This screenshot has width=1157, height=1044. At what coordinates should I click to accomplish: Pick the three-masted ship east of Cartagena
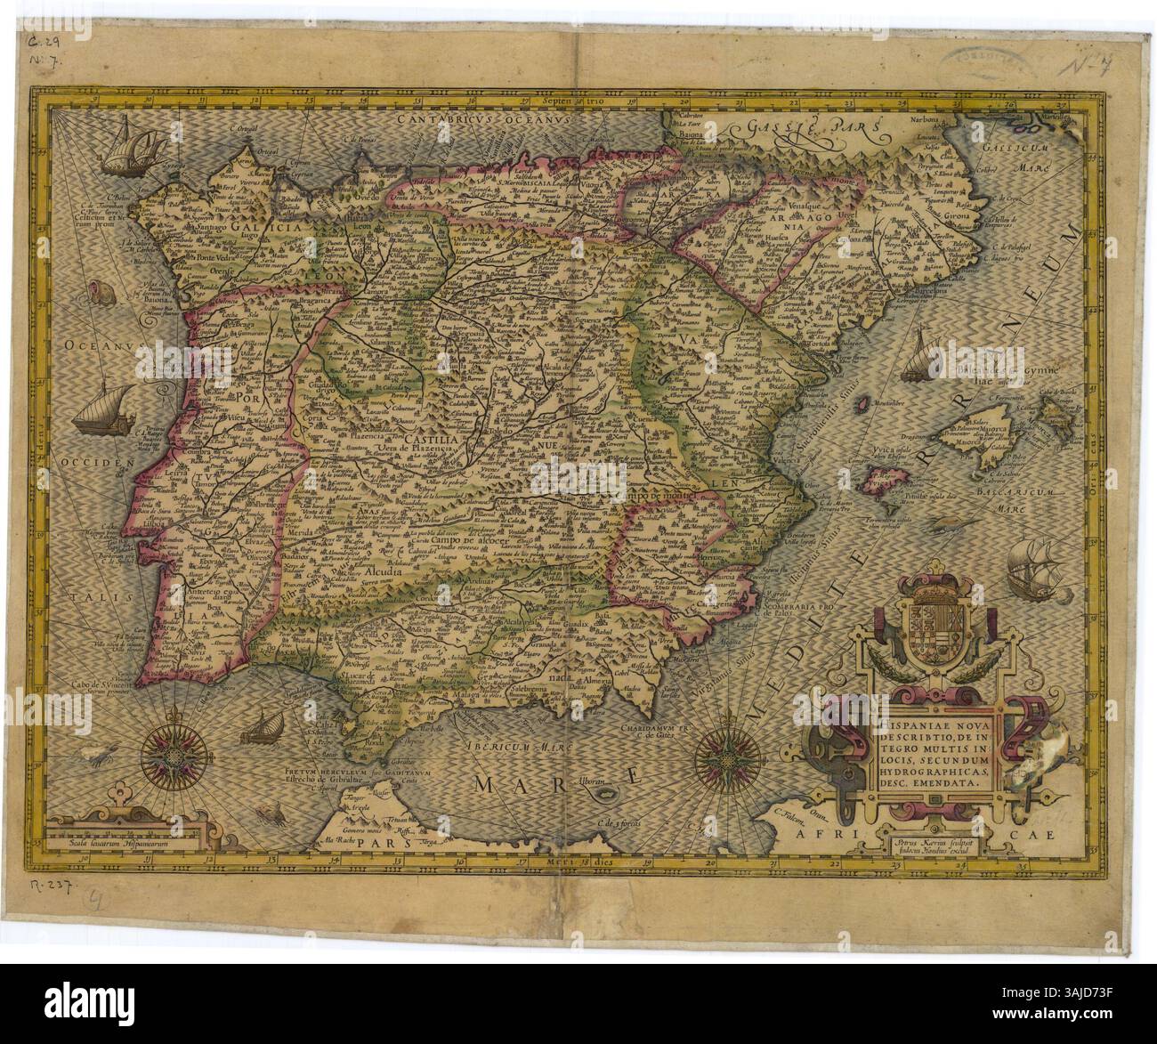pos(1034,564)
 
